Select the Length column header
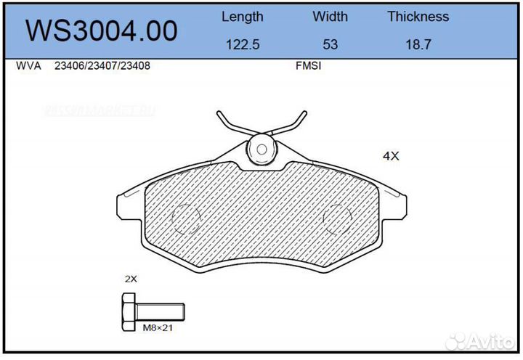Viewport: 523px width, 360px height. tap(242, 16)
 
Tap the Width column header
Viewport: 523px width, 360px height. tap(330, 16)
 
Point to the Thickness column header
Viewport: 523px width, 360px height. tap(418, 16)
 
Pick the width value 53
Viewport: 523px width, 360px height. tap(330, 44)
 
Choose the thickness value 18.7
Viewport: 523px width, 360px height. tap(418, 44)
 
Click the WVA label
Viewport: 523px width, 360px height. tap(27, 65)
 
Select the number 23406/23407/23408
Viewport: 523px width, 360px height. tap(102, 65)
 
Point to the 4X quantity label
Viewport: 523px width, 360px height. tap(391, 155)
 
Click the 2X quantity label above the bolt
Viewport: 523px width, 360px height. tap(130, 278)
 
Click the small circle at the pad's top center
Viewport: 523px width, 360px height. tap(260, 150)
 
